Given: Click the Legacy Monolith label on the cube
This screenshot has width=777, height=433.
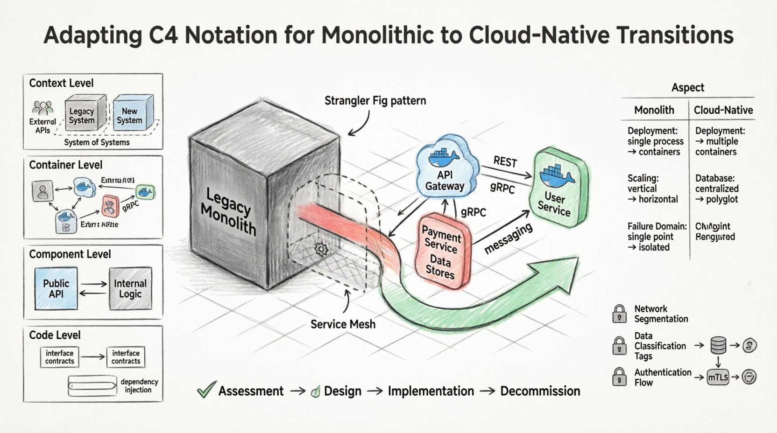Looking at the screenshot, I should (228, 212).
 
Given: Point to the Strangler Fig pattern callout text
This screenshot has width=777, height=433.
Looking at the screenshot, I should (375, 101).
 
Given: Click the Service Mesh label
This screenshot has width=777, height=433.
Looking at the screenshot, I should (343, 324).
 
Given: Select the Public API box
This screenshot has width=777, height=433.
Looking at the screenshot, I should (56, 289).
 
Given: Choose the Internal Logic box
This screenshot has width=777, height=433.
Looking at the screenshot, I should (130, 289).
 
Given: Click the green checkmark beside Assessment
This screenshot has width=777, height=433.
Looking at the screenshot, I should (206, 390).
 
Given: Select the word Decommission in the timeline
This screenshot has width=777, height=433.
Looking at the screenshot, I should (540, 391).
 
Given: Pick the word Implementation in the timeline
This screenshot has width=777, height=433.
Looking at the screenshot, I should (431, 391).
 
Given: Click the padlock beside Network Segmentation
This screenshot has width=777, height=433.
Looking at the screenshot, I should (619, 314).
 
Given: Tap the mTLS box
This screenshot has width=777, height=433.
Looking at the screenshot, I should (718, 377).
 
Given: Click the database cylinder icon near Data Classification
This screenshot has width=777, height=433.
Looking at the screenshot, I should (718, 346).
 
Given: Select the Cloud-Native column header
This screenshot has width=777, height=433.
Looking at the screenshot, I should (723, 110).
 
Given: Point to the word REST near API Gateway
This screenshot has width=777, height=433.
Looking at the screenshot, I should (505, 162).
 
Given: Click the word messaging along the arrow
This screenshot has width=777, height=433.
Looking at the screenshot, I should (508, 239).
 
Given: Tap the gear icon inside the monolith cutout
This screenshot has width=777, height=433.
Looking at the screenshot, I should (321, 250).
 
